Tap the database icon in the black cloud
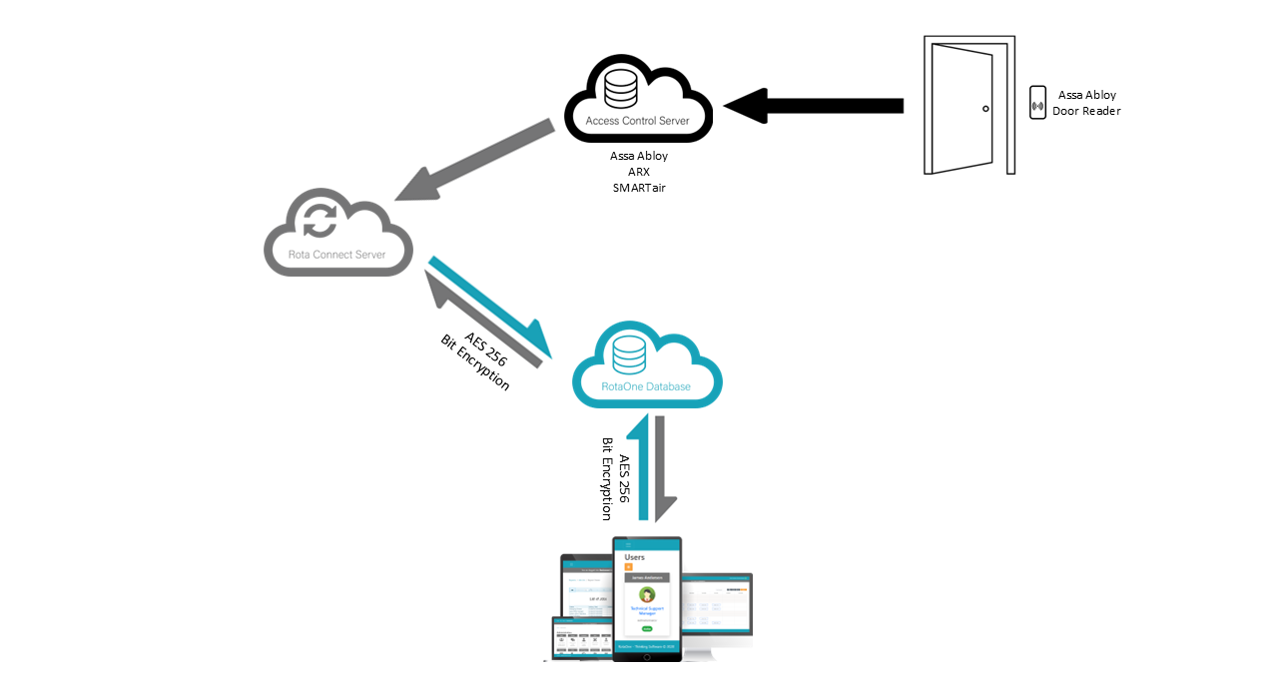click(x=621, y=88)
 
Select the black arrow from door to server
click(x=814, y=105)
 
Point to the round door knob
click(x=985, y=108)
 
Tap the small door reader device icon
click(x=1037, y=103)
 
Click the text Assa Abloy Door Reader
click(x=1086, y=103)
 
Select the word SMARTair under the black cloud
click(x=639, y=187)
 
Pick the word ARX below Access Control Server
click(x=639, y=172)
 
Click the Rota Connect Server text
click(x=337, y=255)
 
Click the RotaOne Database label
click(x=646, y=385)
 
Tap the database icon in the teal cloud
click(x=629, y=352)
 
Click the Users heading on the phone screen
click(x=635, y=556)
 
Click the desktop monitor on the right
click(x=717, y=607)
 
